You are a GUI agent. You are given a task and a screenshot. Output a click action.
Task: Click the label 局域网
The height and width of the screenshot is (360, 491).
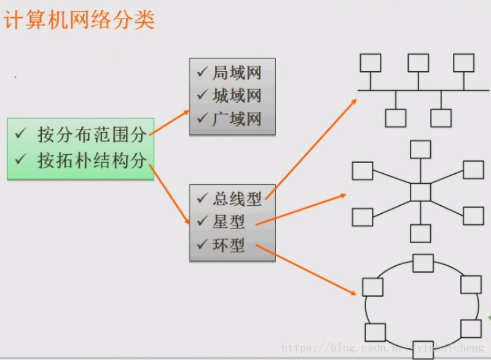tap(237, 73)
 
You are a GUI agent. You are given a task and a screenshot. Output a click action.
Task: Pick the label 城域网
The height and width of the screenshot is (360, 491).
tap(237, 96)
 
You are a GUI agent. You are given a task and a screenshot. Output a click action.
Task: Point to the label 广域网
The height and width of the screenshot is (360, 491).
tap(237, 118)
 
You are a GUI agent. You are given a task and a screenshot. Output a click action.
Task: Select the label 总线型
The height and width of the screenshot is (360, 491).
tap(237, 198)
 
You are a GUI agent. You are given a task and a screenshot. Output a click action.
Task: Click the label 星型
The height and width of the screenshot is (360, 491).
tap(229, 222)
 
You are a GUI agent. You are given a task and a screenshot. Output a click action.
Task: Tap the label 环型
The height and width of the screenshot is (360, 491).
tap(229, 245)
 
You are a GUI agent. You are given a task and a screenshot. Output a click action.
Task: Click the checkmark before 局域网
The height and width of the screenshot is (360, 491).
tap(202, 72)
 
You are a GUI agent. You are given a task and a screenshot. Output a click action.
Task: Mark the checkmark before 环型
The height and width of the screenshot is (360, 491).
tap(202, 245)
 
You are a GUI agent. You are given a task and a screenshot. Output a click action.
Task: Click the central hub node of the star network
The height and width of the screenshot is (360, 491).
tap(420, 192)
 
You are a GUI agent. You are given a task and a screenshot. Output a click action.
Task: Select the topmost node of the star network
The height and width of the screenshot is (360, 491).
tap(420, 149)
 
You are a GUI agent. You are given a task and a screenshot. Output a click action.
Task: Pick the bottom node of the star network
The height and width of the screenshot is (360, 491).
tap(420, 233)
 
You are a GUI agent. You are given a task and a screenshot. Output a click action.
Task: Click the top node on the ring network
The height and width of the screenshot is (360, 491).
tap(423, 263)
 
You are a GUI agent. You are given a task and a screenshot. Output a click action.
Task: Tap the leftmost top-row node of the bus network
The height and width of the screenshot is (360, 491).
tap(370, 63)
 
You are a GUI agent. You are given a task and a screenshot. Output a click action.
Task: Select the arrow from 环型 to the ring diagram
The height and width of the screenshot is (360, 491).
tap(307, 271)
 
